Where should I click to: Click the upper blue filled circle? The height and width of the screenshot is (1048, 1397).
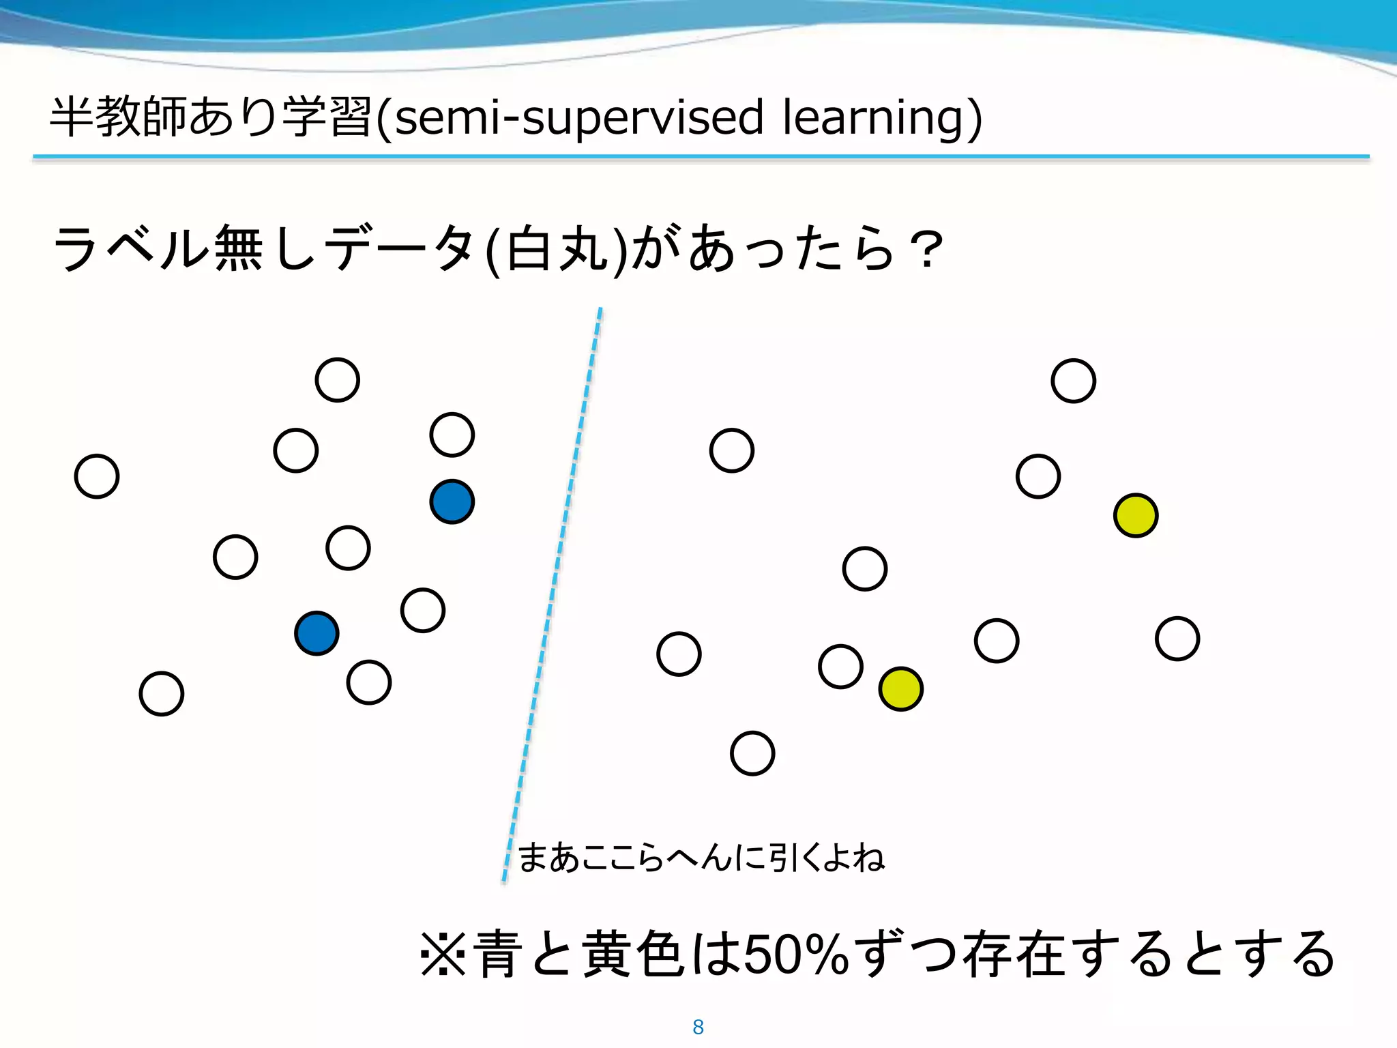point(452,501)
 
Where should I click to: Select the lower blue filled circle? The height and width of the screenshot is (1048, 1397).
point(317,633)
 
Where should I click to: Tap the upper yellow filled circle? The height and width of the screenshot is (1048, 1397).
point(1136,515)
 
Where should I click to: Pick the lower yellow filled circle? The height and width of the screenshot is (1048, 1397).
point(901,689)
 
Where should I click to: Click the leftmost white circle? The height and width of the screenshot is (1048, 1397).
point(97,476)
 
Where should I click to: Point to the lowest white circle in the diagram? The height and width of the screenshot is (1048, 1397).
point(752,753)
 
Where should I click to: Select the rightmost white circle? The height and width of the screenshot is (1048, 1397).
point(1177,639)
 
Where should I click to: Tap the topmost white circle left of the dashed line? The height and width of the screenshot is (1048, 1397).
point(338,379)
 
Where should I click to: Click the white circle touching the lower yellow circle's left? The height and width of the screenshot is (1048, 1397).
point(840,667)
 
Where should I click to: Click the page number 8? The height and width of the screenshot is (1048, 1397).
point(698,1027)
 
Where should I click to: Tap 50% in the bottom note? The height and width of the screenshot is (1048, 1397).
point(797,954)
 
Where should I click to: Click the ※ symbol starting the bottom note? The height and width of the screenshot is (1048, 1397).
point(443,954)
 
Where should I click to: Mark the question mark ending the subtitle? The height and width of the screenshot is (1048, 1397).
point(928,248)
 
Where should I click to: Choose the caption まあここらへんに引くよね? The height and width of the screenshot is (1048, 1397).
point(701,858)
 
